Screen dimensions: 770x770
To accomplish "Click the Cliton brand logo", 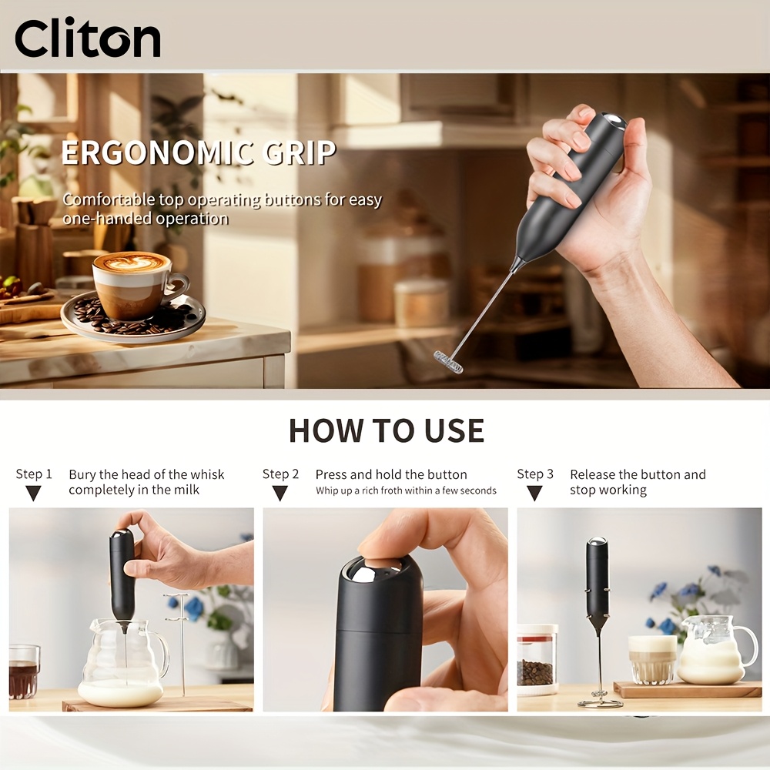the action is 88,37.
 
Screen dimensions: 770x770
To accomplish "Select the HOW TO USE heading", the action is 387,430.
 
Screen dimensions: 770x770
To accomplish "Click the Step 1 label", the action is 34,474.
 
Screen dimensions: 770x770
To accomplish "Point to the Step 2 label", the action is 280,474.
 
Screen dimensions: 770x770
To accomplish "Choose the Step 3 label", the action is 535,474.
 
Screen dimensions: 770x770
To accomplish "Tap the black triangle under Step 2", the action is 280,493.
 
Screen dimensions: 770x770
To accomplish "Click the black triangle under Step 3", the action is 534,493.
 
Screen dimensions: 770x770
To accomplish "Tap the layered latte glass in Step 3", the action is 653,660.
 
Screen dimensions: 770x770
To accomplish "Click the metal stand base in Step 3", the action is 600,701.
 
